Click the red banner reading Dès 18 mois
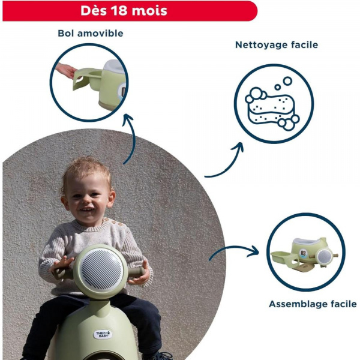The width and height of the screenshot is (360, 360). pos(128,11)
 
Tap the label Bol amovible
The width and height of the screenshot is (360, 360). pos(91,33)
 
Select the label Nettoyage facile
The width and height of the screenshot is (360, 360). pos(277,45)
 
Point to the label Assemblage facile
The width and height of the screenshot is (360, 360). pos(313,304)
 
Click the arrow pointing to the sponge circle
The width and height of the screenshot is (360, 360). pos(225,162)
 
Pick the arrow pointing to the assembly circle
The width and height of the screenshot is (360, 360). pos(234,251)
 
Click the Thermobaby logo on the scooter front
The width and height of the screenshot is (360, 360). pos(103,334)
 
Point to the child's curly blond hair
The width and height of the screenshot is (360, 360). pos(87,170)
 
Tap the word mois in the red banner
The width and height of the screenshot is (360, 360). pos(150,11)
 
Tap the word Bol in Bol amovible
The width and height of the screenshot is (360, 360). pos(66,33)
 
